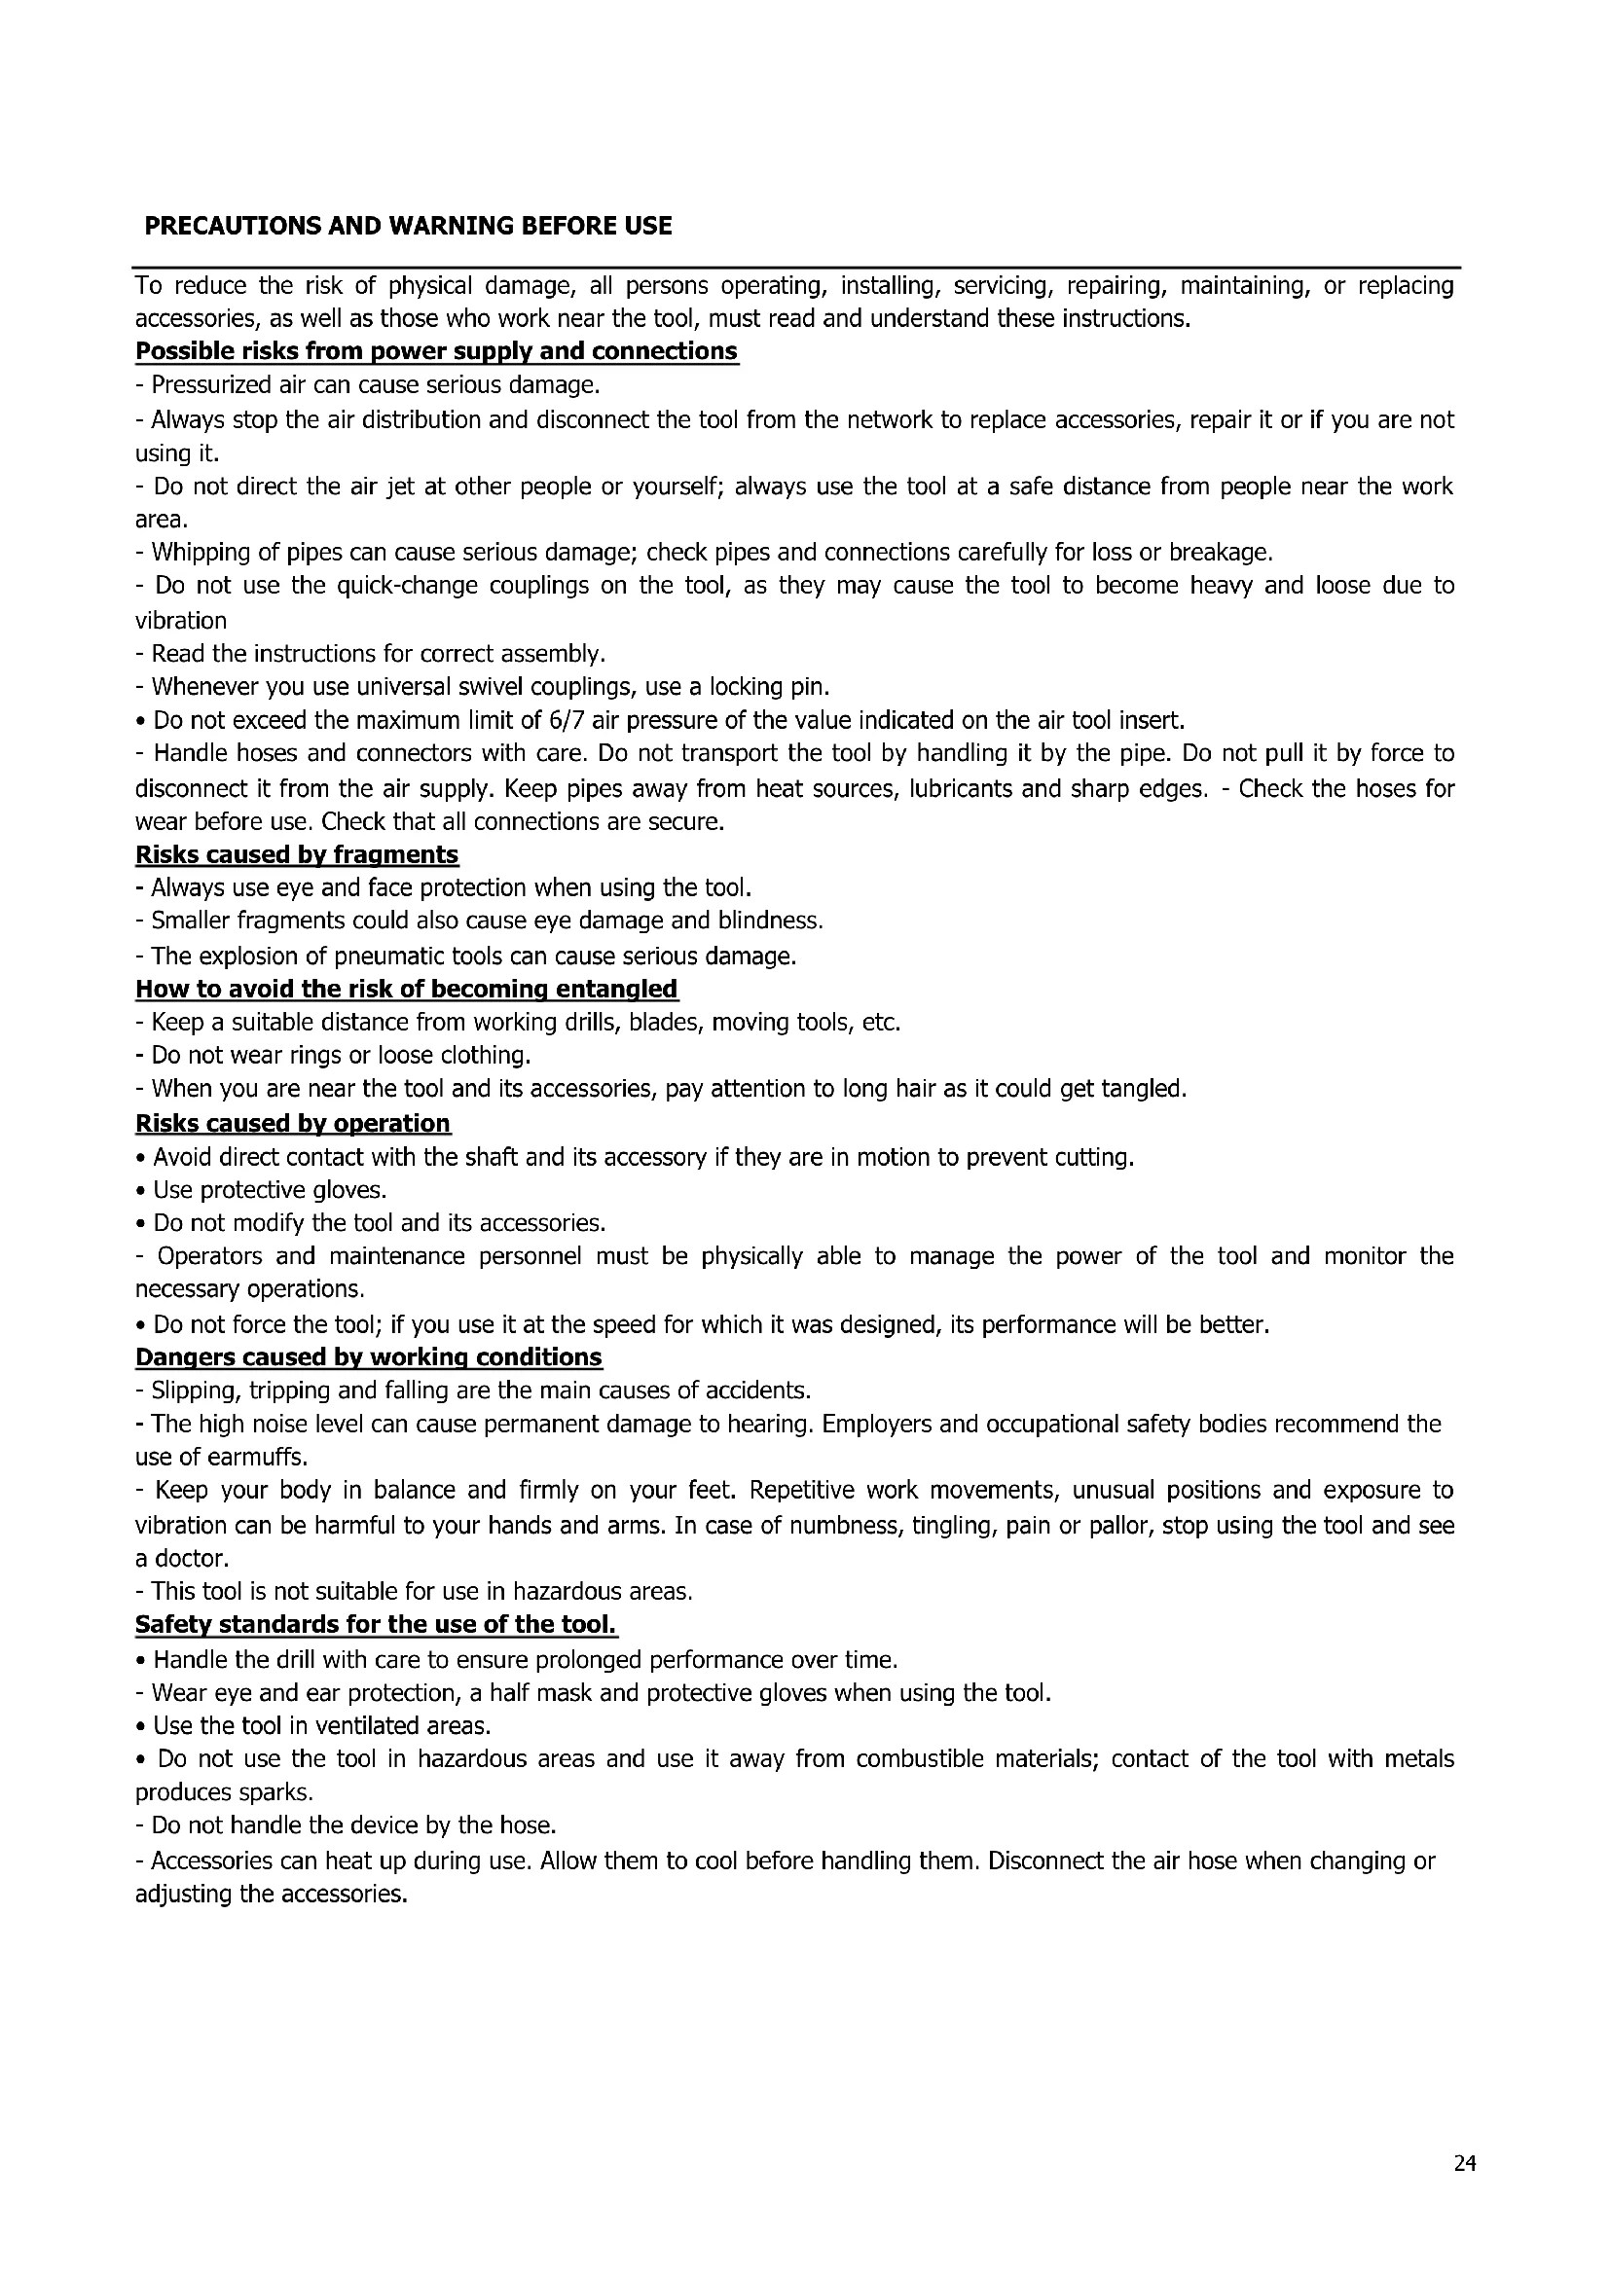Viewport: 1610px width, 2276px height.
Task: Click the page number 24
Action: (x=1464, y=2163)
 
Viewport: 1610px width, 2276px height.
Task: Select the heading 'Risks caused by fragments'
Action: (x=297, y=854)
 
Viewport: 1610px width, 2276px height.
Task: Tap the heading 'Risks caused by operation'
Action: (x=292, y=1123)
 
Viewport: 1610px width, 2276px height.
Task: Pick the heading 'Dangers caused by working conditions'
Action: (x=368, y=1357)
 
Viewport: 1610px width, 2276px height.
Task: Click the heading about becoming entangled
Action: (x=407, y=989)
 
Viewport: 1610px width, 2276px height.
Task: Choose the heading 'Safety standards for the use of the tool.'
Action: (x=376, y=1625)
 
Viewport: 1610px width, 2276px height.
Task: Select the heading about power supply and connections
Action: (x=436, y=351)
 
